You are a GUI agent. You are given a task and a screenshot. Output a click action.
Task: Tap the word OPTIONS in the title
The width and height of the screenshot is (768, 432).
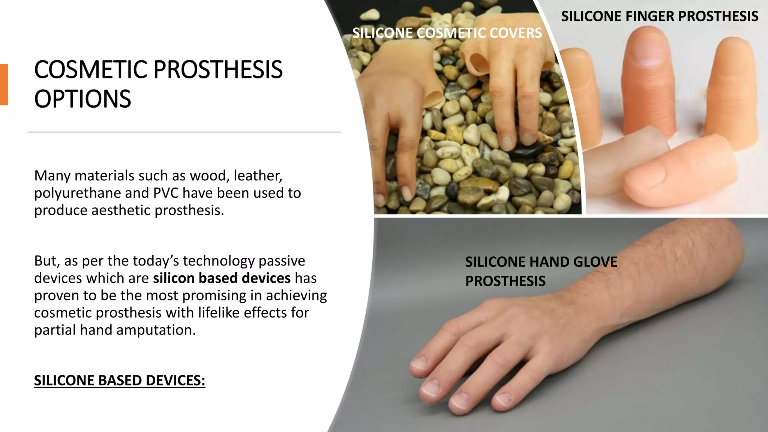coord(82,99)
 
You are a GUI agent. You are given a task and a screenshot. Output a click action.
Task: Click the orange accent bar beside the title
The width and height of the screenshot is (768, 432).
coord(4,84)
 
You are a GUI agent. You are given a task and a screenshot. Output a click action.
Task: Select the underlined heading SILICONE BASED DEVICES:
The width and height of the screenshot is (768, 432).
coord(120,380)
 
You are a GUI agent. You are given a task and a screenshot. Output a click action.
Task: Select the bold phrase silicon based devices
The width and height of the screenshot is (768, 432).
coord(222,278)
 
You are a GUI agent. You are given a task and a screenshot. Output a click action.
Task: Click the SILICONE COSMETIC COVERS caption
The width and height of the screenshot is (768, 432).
coord(447,33)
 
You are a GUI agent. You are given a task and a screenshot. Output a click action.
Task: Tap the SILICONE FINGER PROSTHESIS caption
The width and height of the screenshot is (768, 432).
coord(660,16)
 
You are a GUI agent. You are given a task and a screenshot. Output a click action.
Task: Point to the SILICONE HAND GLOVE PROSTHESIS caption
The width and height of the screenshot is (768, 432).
coord(541,271)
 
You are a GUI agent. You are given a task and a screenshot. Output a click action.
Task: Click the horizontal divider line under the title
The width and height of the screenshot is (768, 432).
coord(184,132)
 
